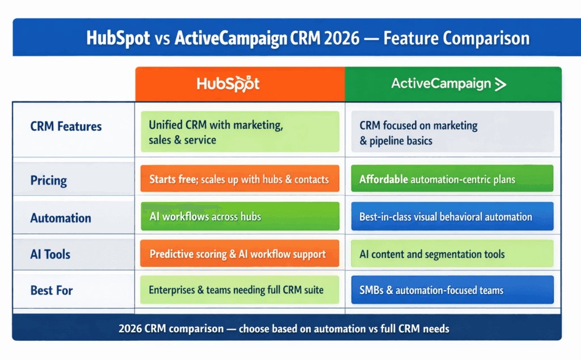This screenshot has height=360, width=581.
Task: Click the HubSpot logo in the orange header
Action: [x=228, y=84]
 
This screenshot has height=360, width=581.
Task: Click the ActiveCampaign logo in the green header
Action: [x=448, y=84]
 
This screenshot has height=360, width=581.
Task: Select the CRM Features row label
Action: [x=66, y=126]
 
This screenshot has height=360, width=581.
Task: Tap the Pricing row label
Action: [x=48, y=181]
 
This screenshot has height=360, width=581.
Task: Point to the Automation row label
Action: [x=60, y=218]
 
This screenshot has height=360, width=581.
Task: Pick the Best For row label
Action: [x=52, y=291]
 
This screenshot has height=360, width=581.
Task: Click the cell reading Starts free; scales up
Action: [x=239, y=179]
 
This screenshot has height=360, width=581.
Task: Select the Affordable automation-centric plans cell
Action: [x=452, y=179]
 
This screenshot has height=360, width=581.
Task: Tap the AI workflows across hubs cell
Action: [x=239, y=216]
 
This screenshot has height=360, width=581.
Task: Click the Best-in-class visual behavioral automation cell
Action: [x=452, y=216]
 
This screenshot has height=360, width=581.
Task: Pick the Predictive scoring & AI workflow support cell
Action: [x=239, y=254]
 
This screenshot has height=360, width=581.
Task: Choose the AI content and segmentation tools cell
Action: [x=452, y=254]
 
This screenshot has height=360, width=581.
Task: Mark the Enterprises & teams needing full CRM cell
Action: [x=239, y=290]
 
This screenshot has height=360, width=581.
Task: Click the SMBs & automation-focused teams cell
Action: [x=452, y=290]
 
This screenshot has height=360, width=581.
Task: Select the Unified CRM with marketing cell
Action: [x=239, y=132]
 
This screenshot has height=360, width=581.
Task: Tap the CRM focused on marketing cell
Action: [x=452, y=132]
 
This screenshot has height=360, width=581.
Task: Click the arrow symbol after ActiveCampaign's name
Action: [x=500, y=85]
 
